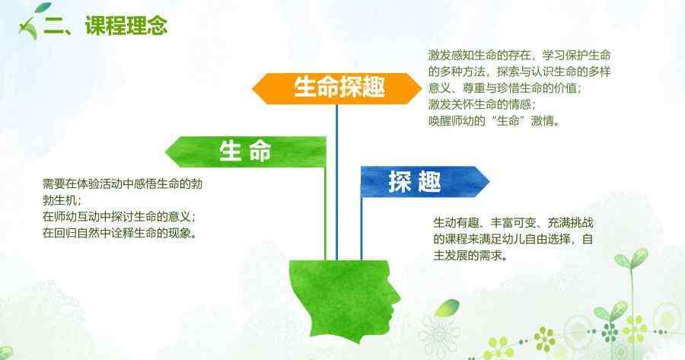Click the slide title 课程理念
click(126, 25)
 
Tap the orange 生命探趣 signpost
click(337, 89)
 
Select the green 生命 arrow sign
click(246, 151)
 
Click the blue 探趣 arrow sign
click(425, 181)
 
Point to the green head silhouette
click(344, 300)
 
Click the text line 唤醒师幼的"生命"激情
click(494, 121)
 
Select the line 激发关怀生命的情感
click(482, 104)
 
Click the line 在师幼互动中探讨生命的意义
click(119, 216)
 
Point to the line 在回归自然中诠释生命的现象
click(119, 233)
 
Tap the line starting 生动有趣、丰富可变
click(513, 223)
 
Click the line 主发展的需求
click(470, 256)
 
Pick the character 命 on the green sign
click(260, 151)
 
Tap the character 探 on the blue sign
click(400, 181)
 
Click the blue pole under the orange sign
click(336, 182)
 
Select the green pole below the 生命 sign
click(326, 214)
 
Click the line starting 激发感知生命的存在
click(519, 55)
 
